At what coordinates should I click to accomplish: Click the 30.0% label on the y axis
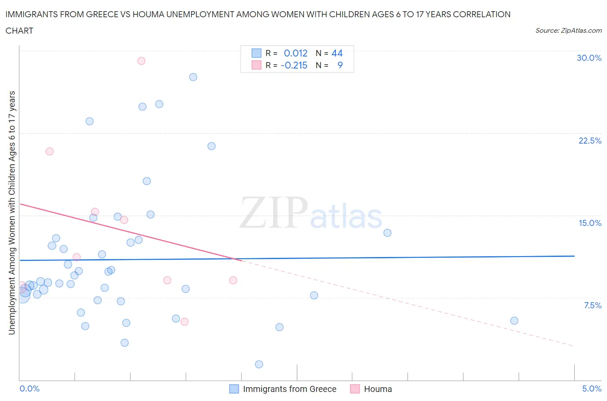[589, 58]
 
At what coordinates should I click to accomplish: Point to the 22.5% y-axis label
[590, 141]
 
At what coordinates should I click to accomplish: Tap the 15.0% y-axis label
[590, 223]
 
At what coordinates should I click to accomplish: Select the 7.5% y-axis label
[592, 305]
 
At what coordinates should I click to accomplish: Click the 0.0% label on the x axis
[29, 388]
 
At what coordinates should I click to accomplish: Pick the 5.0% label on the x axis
[591, 388]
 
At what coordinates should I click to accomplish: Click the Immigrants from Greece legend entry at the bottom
[289, 389]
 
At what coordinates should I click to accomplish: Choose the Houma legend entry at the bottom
[378, 389]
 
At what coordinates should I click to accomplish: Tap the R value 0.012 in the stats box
[295, 53]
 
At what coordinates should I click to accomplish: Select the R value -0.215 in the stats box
[294, 65]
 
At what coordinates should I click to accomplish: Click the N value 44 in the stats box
[337, 53]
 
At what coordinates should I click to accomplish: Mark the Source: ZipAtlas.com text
[568, 31]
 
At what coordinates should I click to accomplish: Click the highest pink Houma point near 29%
[141, 61]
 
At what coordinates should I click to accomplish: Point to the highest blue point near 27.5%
[193, 77]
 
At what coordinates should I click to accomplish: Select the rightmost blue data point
[514, 320]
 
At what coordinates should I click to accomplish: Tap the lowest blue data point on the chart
[259, 364]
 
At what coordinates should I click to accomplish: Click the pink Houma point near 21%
[50, 151]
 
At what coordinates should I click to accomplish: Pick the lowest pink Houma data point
[184, 322]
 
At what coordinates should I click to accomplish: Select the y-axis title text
[12, 213]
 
